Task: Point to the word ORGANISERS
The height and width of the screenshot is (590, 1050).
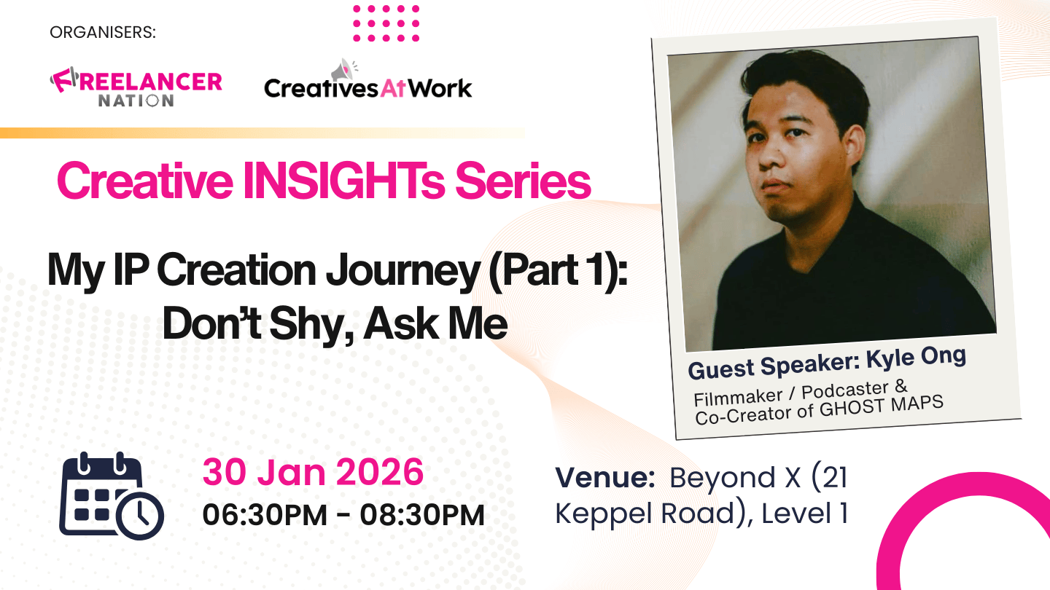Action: (x=103, y=33)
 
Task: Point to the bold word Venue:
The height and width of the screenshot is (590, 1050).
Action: (x=605, y=478)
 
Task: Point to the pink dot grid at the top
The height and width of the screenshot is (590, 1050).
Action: (x=386, y=23)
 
